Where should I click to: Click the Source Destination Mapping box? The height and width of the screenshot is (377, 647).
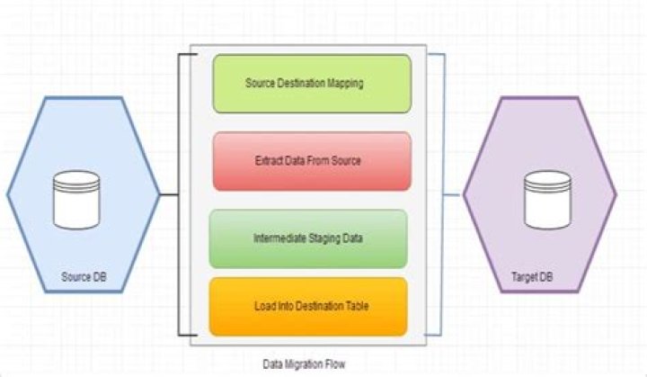pyautogui.click(x=311, y=84)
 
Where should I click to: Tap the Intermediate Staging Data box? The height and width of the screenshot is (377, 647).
pyautogui.click(x=307, y=238)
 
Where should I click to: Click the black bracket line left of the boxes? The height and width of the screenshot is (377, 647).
pyautogui.click(x=180, y=193)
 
